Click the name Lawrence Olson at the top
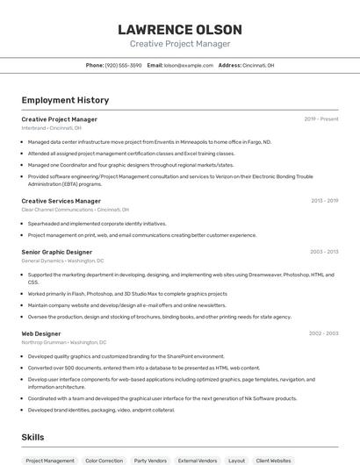click(180, 30)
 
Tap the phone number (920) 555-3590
click(123, 65)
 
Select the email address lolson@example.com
click(188, 65)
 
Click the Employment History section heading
click(65, 100)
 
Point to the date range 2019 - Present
click(321, 118)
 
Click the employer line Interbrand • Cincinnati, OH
click(51, 127)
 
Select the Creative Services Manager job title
click(61, 201)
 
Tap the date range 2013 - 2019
click(324, 201)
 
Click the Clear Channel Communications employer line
click(75, 210)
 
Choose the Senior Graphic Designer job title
click(56, 252)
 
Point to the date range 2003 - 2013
click(324, 252)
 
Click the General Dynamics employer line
click(62, 261)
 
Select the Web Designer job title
click(41, 333)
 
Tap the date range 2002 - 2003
click(323, 333)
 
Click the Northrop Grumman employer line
click(64, 342)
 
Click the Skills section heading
click(32, 437)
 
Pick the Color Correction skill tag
click(104, 460)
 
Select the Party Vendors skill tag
click(150, 460)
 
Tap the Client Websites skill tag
click(273, 460)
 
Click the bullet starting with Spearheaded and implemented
click(97, 224)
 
